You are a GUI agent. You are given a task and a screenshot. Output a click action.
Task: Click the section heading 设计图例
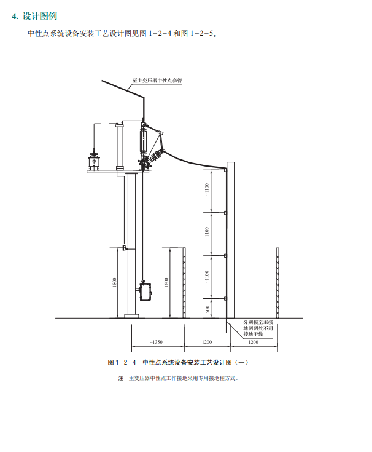(x=40, y=16)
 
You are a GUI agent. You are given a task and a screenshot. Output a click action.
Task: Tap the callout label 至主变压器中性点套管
(x=157, y=81)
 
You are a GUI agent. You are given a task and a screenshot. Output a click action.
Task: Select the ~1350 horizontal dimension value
(x=156, y=342)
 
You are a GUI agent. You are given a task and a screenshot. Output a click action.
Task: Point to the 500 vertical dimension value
(x=207, y=309)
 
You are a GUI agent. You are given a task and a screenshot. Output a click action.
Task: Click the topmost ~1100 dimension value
(x=207, y=189)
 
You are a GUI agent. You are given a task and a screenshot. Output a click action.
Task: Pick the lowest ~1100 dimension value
(x=207, y=277)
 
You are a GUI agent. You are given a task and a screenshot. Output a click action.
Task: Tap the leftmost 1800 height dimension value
(x=115, y=282)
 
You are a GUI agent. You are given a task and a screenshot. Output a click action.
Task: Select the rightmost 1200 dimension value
(x=253, y=342)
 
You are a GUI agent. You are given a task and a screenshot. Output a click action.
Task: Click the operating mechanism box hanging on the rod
(x=145, y=291)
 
